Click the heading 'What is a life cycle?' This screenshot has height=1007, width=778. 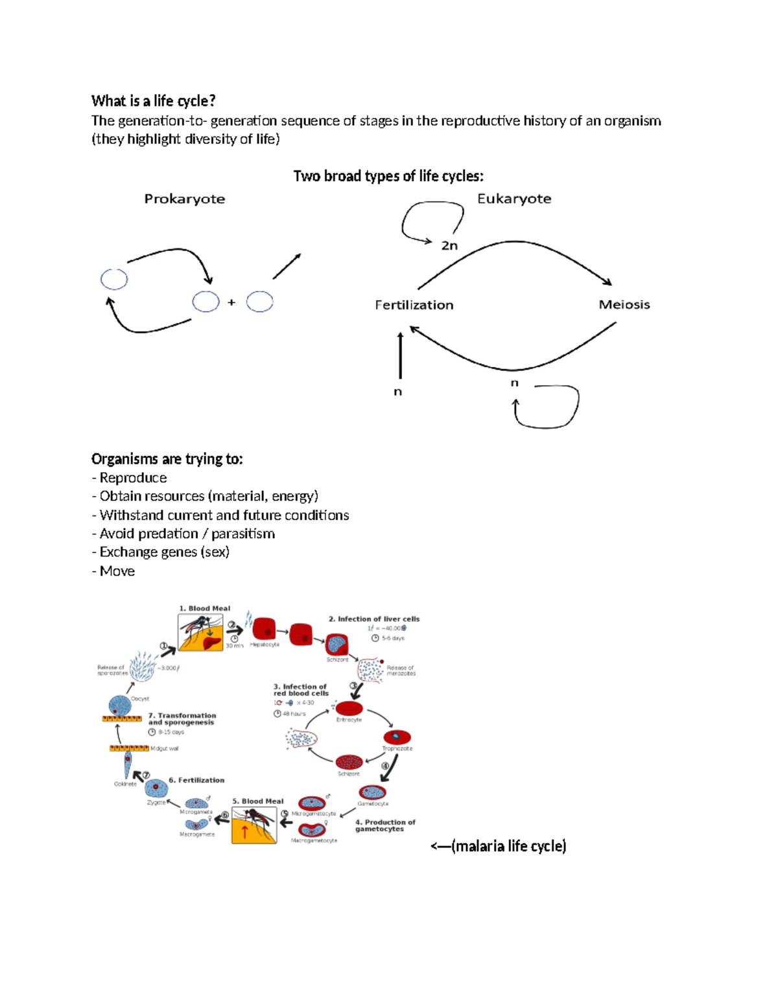pyautogui.click(x=153, y=101)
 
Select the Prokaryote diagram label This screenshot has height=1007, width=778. pyautogui.click(x=184, y=199)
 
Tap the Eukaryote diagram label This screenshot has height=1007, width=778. pyautogui.click(x=514, y=198)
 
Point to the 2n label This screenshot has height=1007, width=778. pyautogui.click(x=449, y=246)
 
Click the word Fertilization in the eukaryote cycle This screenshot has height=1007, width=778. pyautogui.click(x=414, y=305)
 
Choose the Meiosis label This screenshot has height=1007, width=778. pyautogui.click(x=624, y=305)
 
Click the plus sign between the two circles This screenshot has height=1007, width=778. pyautogui.click(x=231, y=302)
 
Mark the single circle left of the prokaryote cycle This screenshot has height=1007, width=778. pyautogui.click(x=114, y=279)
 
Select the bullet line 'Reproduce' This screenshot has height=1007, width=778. pyautogui.click(x=132, y=478)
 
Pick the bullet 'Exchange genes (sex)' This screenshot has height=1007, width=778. pyautogui.click(x=163, y=552)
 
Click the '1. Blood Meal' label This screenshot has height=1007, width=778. pyautogui.click(x=204, y=608)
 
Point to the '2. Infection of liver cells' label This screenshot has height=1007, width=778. pyautogui.click(x=373, y=619)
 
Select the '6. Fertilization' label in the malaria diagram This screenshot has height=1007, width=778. pyautogui.click(x=196, y=780)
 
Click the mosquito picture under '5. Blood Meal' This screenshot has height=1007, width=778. pyautogui.click(x=254, y=825)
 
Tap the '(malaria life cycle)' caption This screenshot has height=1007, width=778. pyautogui.click(x=508, y=846)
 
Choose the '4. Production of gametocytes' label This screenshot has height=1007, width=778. pyautogui.click(x=384, y=825)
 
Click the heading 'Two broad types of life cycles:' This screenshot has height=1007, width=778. pyautogui.click(x=388, y=176)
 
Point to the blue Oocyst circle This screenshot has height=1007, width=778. pyautogui.click(x=119, y=705)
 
